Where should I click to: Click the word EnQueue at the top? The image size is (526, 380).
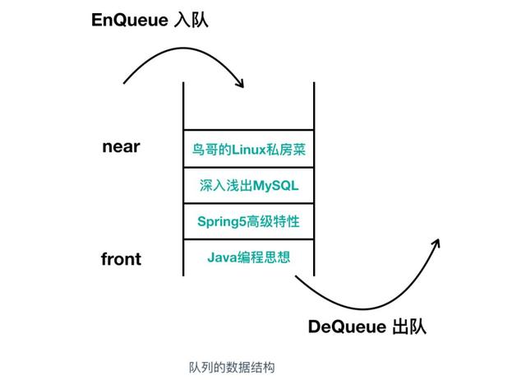tap(130, 20)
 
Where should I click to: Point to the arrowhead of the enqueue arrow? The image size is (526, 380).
tap(241, 83)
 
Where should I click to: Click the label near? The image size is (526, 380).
tap(121, 147)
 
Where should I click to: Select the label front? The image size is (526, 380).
tap(121, 259)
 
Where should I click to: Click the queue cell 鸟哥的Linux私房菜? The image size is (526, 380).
tap(248, 149)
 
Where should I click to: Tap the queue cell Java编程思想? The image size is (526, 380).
tap(248, 257)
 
